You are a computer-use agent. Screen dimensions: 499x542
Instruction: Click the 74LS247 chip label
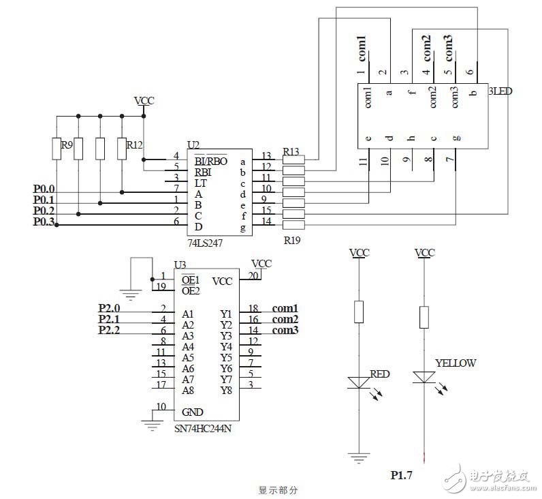coord(205,242)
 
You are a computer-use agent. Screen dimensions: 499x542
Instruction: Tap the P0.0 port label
coord(44,188)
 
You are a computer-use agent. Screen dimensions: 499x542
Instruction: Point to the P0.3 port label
coord(44,222)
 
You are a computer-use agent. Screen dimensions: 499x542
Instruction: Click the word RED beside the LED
coord(379,374)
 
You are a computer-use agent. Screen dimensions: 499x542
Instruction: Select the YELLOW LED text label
coord(455,363)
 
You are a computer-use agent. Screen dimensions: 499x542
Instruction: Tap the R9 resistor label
coord(66,145)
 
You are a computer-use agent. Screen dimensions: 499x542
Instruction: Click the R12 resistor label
coord(134,145)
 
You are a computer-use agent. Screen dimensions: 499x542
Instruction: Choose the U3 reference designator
coord(180,264)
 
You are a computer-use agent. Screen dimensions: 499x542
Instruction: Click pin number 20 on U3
coord(253,275)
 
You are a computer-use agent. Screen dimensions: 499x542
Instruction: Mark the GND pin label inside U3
coord(193,412)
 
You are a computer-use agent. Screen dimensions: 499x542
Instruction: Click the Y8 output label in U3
coord(227,390)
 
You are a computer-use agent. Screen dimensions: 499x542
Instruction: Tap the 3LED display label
coord(501,91)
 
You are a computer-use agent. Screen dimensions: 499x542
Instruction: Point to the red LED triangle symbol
coord(359,382)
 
